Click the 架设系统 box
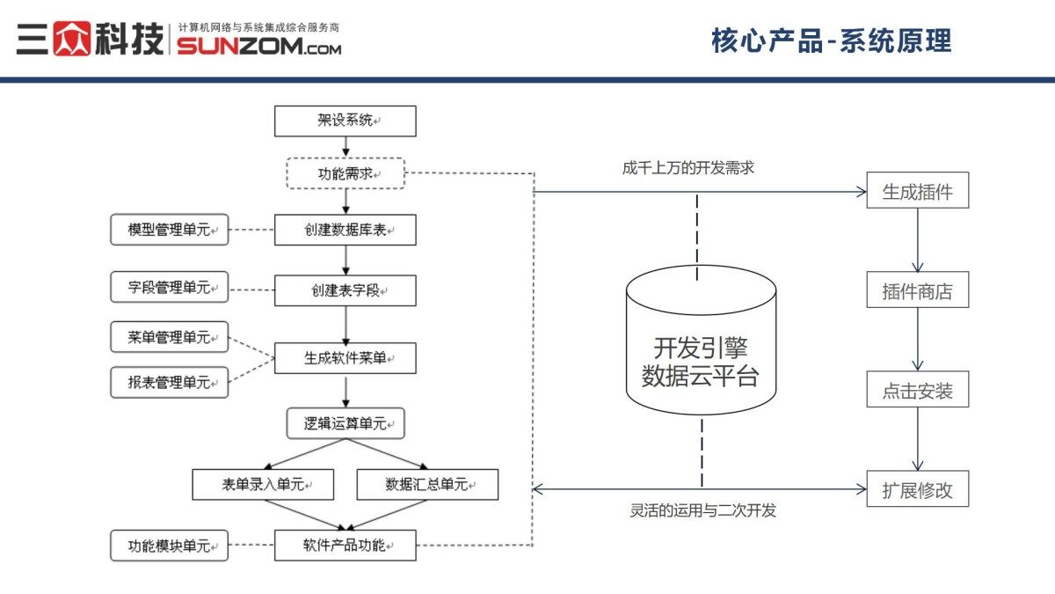point(345,121)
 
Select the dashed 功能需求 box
point(345,173)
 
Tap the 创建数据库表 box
point(345,230)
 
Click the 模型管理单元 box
point(169,230)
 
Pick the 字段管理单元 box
point(169,287)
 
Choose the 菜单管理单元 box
point(169,337)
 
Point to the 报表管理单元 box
point(169,382)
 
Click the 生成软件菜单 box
point(345,358)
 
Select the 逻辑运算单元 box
point(345,423)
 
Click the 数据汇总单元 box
point(427,484)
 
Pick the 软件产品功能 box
point(345,545)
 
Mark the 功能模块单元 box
point(169,546)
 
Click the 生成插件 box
point(917,190)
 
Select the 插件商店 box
point(917,290)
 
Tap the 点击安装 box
point(917,389)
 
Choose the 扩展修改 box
point(917,489)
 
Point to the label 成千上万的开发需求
point(688,168)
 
